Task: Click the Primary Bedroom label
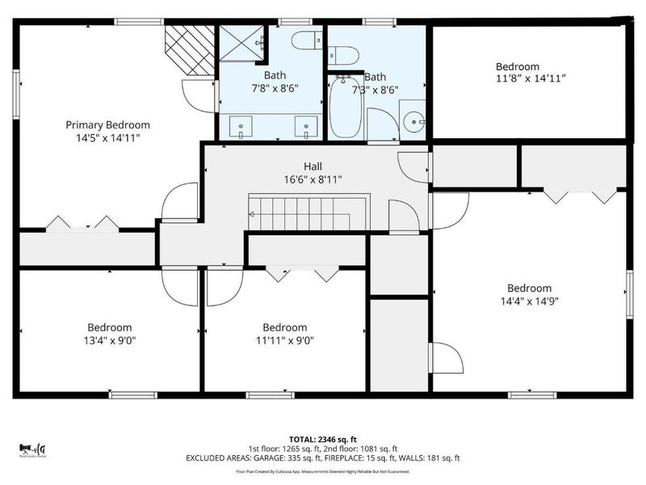107,124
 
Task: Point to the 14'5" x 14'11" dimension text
107,138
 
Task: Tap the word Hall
313,166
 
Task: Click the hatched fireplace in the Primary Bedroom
189,50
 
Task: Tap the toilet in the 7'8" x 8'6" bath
306,40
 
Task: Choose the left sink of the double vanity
241,126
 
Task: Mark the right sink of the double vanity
305,126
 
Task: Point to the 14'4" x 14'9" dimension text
529,302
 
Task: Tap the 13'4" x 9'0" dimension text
109,340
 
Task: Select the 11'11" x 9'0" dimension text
284,340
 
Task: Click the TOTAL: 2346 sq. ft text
323,436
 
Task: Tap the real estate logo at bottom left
33,449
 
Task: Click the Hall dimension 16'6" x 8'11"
313,179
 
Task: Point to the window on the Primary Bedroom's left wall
15,84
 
